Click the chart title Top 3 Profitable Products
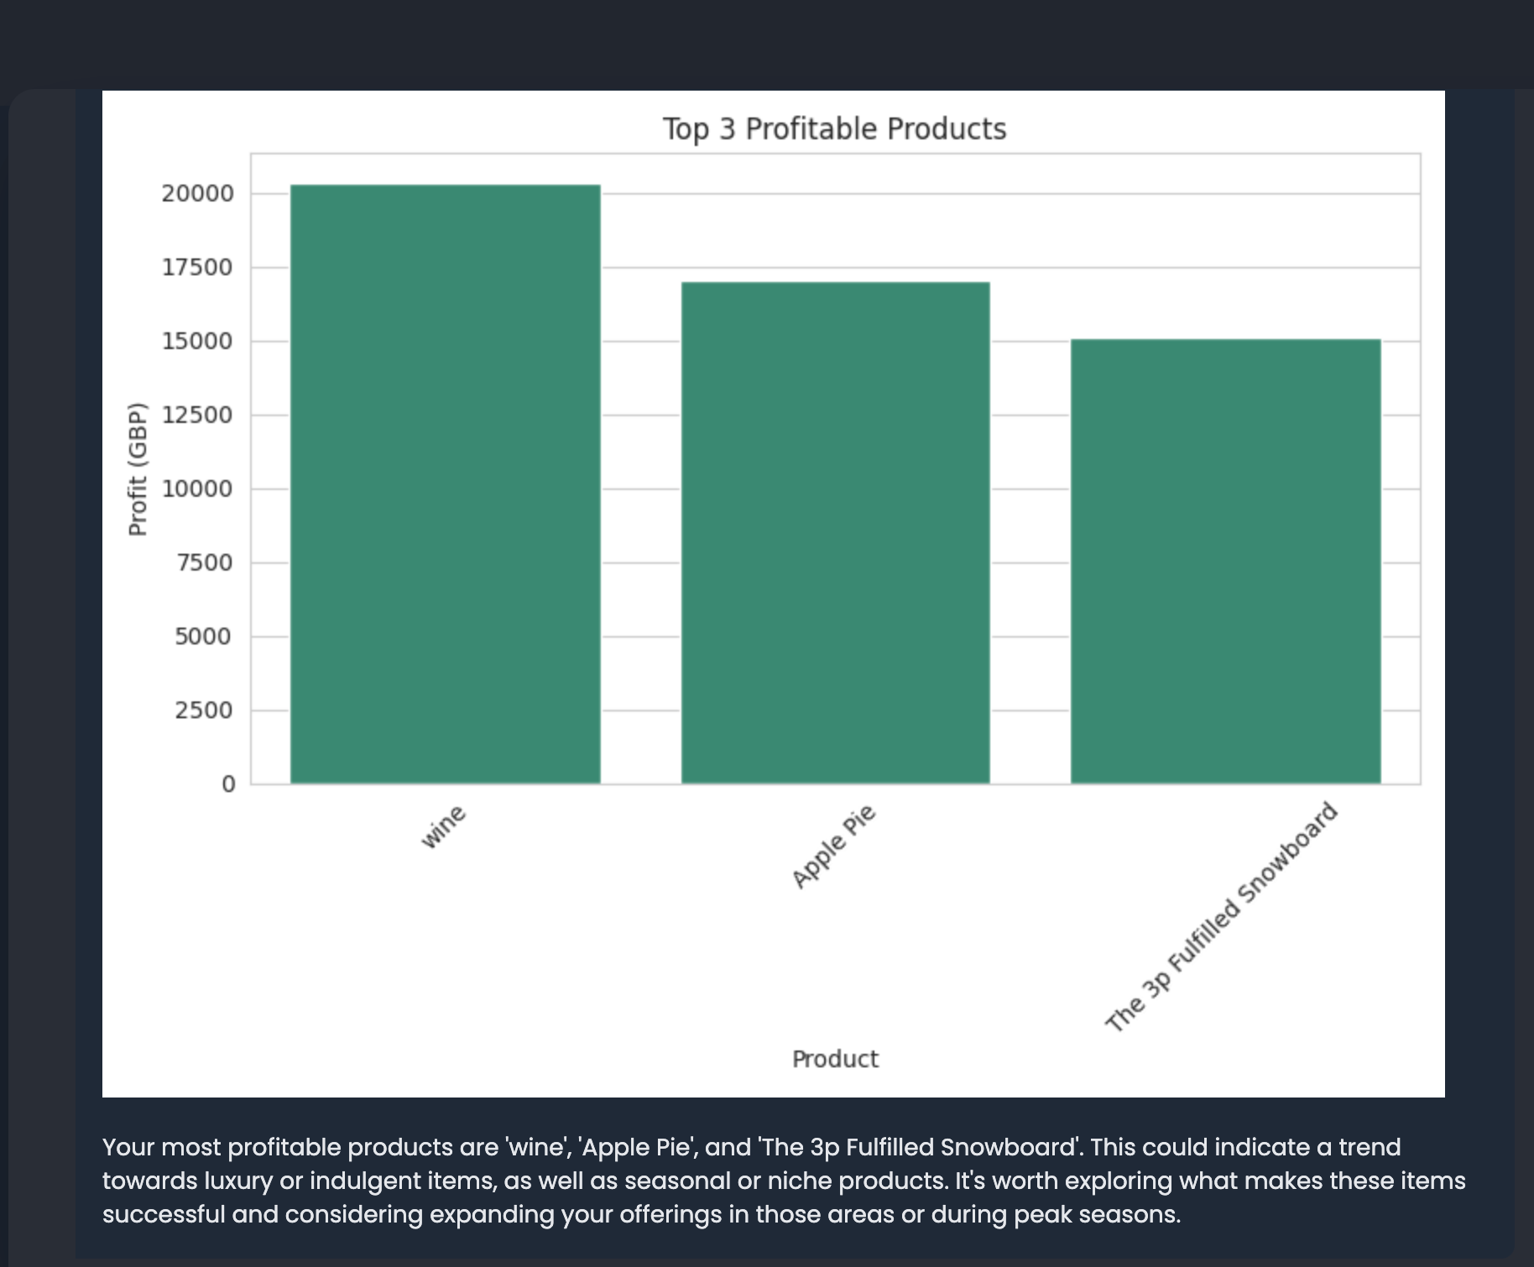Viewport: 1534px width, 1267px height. (834, 129)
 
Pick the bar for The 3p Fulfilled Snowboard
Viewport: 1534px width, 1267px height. (1225, 561)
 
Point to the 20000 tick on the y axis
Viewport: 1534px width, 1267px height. (197, 194)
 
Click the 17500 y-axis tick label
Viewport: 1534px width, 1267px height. (197, 268)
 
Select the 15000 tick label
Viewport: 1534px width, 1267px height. (197, 342)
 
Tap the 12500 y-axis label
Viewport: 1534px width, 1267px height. (197, 415)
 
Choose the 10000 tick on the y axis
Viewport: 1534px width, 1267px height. (197, 489)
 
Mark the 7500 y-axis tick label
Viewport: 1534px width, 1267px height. (204, 563)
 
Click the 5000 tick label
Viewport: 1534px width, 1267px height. (204, 637)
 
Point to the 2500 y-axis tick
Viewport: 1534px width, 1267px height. (204, 711)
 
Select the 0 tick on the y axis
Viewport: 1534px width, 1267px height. (228, 785)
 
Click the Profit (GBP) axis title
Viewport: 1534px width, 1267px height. (138, 469)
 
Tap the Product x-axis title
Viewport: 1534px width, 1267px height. (835, 1059)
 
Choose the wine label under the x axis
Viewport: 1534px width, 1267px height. (443, 826)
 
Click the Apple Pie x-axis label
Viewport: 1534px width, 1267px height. (834, 846)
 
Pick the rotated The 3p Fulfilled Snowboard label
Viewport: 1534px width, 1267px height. (1221, 917)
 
